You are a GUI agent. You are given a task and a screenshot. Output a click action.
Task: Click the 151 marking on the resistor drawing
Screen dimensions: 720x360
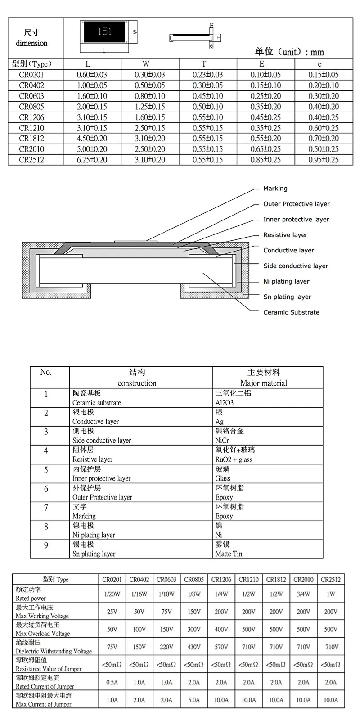tap(104, 32)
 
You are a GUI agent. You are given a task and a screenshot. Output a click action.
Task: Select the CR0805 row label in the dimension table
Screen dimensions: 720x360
tap(31, 107)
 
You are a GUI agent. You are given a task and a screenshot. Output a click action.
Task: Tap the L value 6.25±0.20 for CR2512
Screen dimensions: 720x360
tap(92, 160)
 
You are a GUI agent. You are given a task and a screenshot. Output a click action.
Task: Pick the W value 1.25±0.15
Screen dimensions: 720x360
tap(150, 107)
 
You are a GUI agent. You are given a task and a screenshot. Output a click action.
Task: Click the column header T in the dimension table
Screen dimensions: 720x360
tap(204, 64)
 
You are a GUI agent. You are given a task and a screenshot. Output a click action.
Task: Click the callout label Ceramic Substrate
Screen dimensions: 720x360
tap(291, 312)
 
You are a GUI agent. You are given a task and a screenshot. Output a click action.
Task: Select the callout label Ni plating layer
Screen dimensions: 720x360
tap(286, 281)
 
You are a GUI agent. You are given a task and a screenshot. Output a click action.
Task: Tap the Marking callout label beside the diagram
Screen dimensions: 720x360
tap(275, 189)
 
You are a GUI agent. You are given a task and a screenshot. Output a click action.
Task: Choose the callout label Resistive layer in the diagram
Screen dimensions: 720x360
tap(285, 235)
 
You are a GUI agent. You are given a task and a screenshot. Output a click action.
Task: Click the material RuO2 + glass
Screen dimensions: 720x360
tap(234, 459)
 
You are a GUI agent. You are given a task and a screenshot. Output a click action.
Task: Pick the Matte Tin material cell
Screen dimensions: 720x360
tap(229, 554)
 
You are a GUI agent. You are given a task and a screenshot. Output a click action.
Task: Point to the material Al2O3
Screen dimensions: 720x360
tap(225, 403)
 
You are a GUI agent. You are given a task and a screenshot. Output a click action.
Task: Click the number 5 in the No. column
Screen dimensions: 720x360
tap(46, 470)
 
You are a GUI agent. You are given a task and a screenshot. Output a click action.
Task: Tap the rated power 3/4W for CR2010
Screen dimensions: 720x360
tap(303, 594)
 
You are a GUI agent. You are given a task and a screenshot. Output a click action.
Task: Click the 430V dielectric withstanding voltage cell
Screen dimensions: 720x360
tap(194, 647)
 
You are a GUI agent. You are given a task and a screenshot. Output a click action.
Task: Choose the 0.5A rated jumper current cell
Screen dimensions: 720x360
tap(112, 682)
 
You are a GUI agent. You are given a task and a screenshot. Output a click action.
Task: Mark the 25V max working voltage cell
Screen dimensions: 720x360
tap(112, 612)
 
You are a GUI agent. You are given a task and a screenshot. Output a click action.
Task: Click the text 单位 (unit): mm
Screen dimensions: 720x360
tap(289, 52)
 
